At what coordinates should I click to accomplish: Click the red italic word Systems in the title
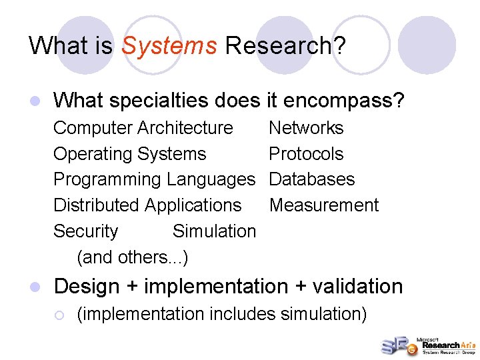click(169, 46)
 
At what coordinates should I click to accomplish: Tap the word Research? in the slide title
click(285, 46)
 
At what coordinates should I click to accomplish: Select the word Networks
click(305, 128)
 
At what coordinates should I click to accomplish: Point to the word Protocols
click(305, 154)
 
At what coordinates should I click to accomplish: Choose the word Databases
click(311, 179)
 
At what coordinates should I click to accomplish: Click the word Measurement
click(323, 205)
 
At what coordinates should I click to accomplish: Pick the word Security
click(85, 231)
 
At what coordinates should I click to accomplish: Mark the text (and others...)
click(133, 257)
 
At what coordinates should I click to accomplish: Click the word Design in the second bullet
click(86, 287)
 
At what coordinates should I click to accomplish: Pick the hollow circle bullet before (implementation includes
click(59, 314)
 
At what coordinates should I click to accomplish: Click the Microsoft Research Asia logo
click(427, 345)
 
